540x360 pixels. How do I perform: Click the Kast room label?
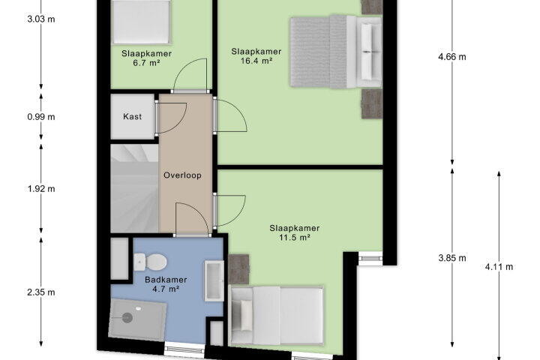tap(132, 116)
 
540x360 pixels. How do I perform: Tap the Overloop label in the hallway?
tap(182, 175)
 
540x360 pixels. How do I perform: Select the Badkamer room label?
tap(166, 280)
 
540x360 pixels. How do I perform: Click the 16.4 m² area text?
tap(256, 61)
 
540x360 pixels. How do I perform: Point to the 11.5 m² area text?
tap(295, 237)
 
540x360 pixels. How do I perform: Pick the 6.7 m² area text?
tap(147, 63)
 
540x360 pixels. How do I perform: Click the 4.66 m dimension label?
tap(451, 57)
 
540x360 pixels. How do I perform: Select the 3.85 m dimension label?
tap(451, 258)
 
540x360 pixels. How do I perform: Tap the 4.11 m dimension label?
tap(499, 267)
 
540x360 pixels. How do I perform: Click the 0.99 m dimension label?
tap(41, 117)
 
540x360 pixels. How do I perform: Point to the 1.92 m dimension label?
tap(41, 189)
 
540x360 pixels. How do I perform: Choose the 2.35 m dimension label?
tap(41, 292)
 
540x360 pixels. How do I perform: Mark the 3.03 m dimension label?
tap(41, 19)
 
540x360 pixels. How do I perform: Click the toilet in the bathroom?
tap(151, 262)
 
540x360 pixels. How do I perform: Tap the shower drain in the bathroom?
tap(127, 317)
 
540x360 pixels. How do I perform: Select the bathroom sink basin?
tap(214, 280)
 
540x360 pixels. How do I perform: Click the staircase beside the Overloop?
tap(134, 188)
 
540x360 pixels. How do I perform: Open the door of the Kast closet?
tap(172, 118)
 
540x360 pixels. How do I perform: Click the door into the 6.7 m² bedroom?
tap(190, 76)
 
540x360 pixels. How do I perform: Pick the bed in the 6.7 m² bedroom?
tap(142, 21)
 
